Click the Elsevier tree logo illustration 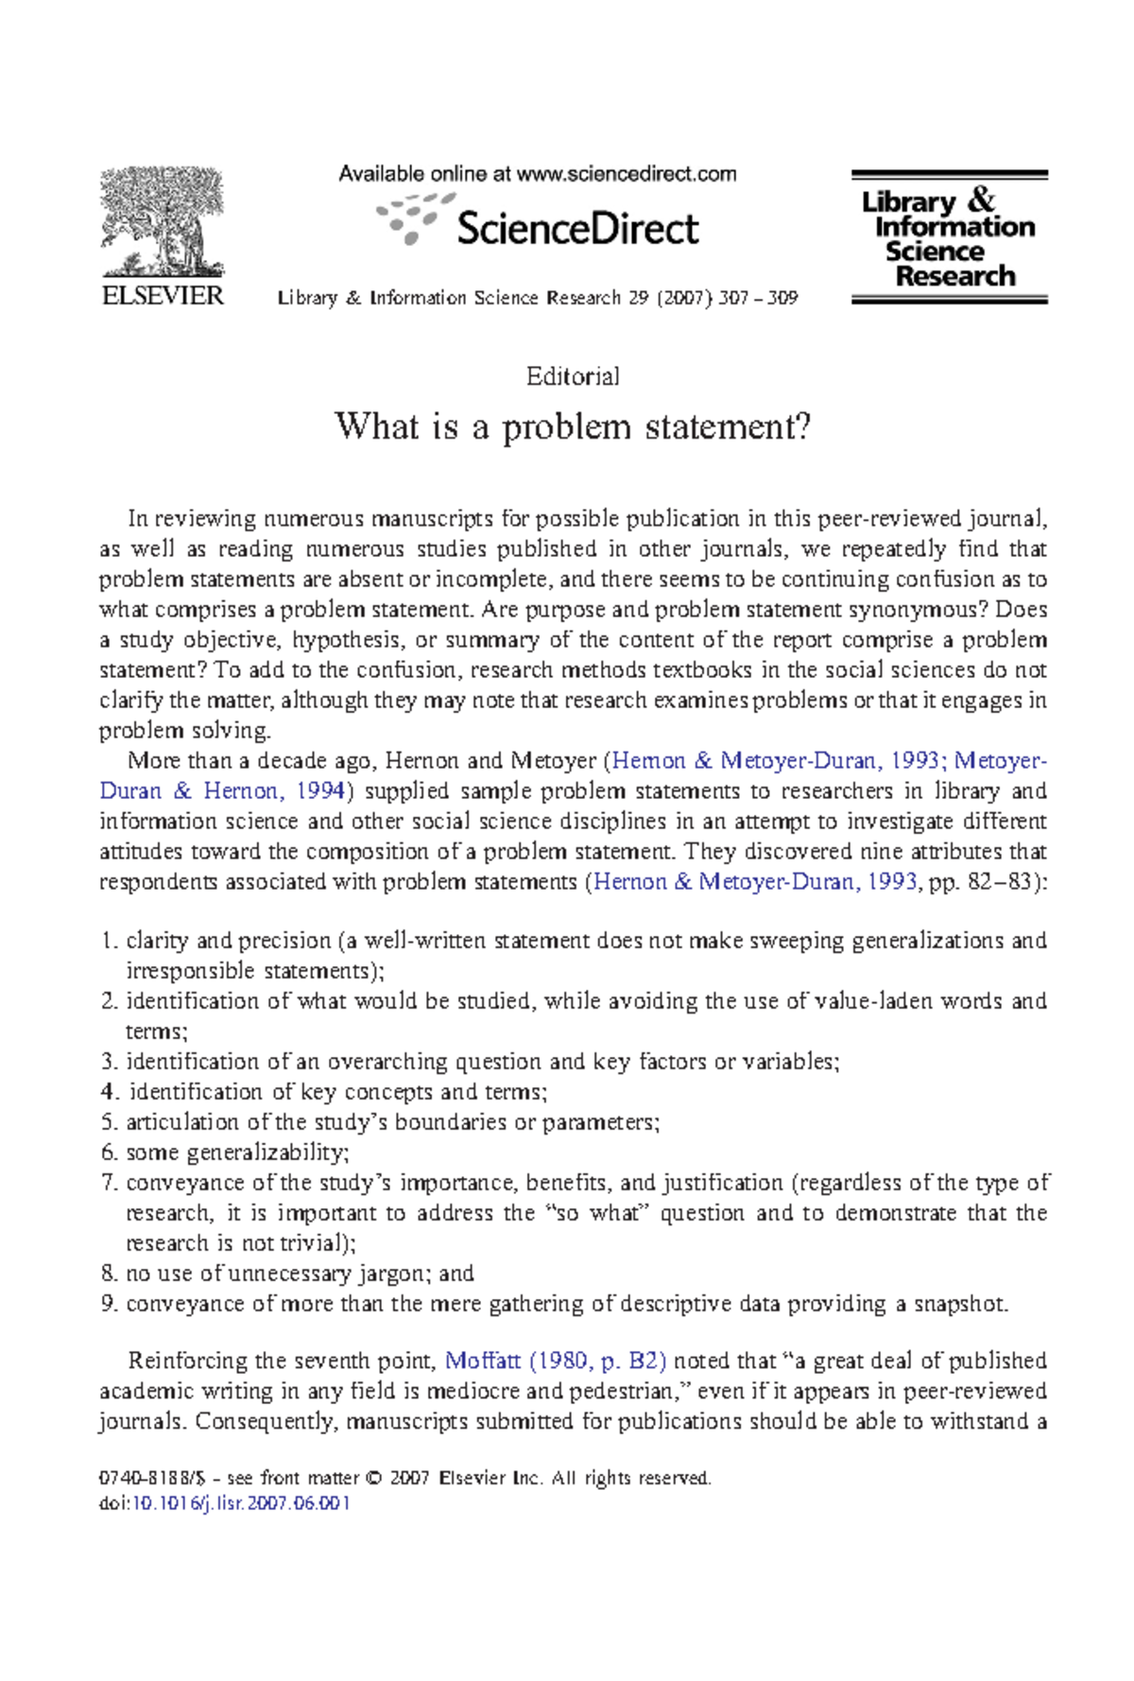[163, 221]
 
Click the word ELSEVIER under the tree [163, 296]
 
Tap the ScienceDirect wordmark [576, 229]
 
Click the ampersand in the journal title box [982, 200]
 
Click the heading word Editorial [573, 376]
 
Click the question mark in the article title [801, 426]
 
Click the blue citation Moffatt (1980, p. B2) [556, 1360]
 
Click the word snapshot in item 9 [958, 1304]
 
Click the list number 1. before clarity [110, 941]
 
